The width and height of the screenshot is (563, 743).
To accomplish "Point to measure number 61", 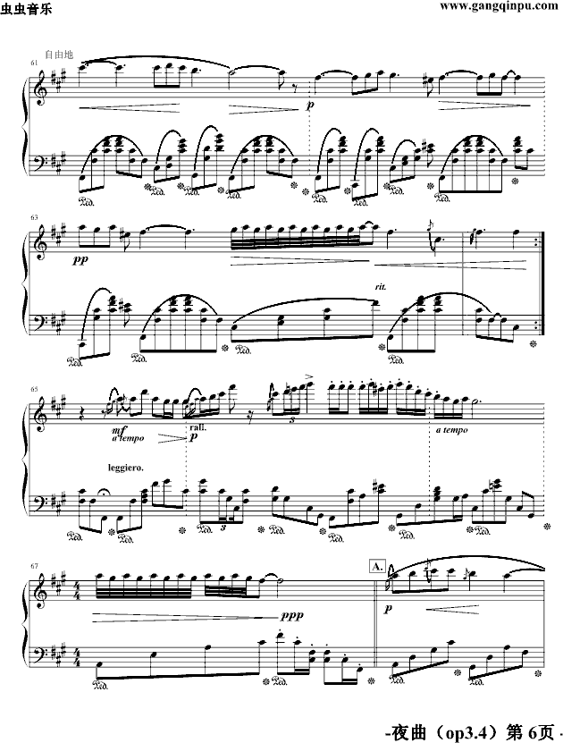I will coord(35,63).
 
